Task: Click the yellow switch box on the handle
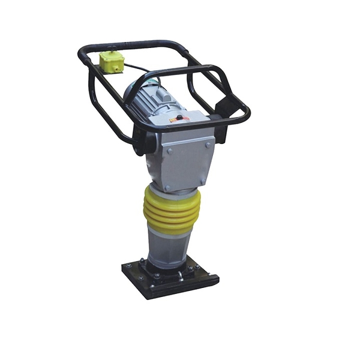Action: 112,62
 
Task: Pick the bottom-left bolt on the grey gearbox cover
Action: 168,188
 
